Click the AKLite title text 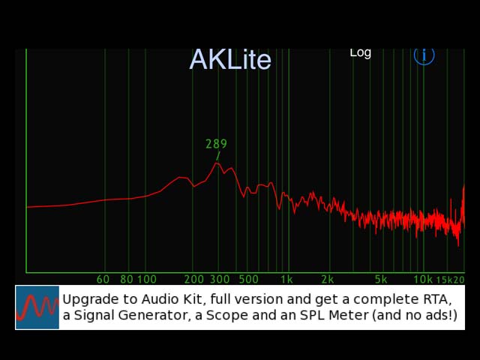(230, 60)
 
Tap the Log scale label (360, 53)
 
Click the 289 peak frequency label (216, 144)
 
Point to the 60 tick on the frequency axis (103, 280)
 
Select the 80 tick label (127, 280)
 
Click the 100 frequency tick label (147, 280)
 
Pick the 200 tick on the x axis (193, 280)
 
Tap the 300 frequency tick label (220, 280)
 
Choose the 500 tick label (248, 280)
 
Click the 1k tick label (286, 280)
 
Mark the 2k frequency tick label (327, 280)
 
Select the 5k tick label (381, 280)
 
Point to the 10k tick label (423, 280)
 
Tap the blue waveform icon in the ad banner (37, 307)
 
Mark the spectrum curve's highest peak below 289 (217, 163)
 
